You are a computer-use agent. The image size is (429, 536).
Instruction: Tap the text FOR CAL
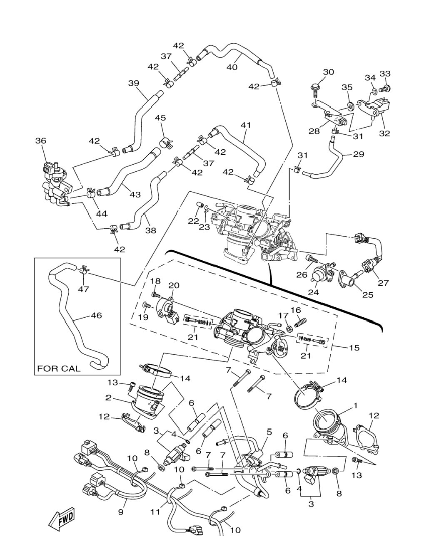[59, 368]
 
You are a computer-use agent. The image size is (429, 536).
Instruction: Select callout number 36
[41, 141]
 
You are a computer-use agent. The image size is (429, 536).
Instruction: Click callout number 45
[160, 118]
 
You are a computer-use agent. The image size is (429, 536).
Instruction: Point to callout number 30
[329, 72]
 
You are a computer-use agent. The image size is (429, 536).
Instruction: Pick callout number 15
[354, 348]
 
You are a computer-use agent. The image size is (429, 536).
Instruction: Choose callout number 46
[97, 315]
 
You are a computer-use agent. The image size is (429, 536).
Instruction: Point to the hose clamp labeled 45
[166, 143]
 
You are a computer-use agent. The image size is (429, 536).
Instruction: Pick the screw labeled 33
[384, 89]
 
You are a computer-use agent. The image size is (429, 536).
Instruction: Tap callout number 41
[245, 125]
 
